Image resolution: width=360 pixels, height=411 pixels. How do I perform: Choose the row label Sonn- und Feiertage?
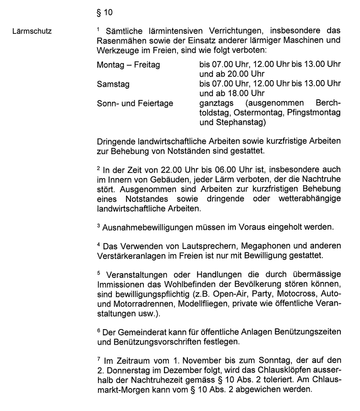[135, 103]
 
